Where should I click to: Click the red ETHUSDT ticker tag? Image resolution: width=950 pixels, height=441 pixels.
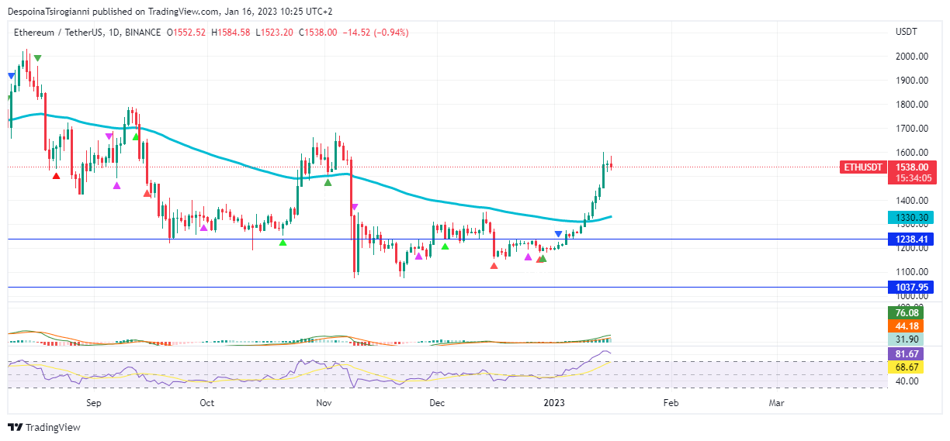[x=863, y=167]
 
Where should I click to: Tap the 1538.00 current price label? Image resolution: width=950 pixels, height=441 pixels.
[x=911, y=167]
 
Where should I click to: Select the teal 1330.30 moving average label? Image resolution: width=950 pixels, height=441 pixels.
[x=911, y=219]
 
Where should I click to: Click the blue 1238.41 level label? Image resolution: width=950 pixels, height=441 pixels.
[x=911, y=240]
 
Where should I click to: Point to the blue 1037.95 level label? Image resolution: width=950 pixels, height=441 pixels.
[x=911, y=288]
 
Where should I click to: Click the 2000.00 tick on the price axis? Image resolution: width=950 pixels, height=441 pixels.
[x=912, y=57]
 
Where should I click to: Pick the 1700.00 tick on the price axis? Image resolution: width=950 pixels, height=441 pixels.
[x=912, y=129]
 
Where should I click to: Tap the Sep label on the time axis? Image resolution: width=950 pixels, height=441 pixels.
[x=94, y=403]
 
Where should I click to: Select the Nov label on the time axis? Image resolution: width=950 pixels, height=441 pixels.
[x=324, y=403]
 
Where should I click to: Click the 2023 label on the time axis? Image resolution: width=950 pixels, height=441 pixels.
[x=553, y=403]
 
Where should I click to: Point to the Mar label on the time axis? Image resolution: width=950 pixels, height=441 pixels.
[x=776, y=403]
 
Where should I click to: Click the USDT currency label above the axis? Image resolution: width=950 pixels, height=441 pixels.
[x=906, y=32]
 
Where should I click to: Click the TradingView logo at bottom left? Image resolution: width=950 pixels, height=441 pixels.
[x=44, y=427]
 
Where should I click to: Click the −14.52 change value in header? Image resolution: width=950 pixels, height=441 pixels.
[x=358, y=33]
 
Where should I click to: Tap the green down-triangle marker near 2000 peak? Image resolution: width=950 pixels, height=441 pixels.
[x=37, y=59]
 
